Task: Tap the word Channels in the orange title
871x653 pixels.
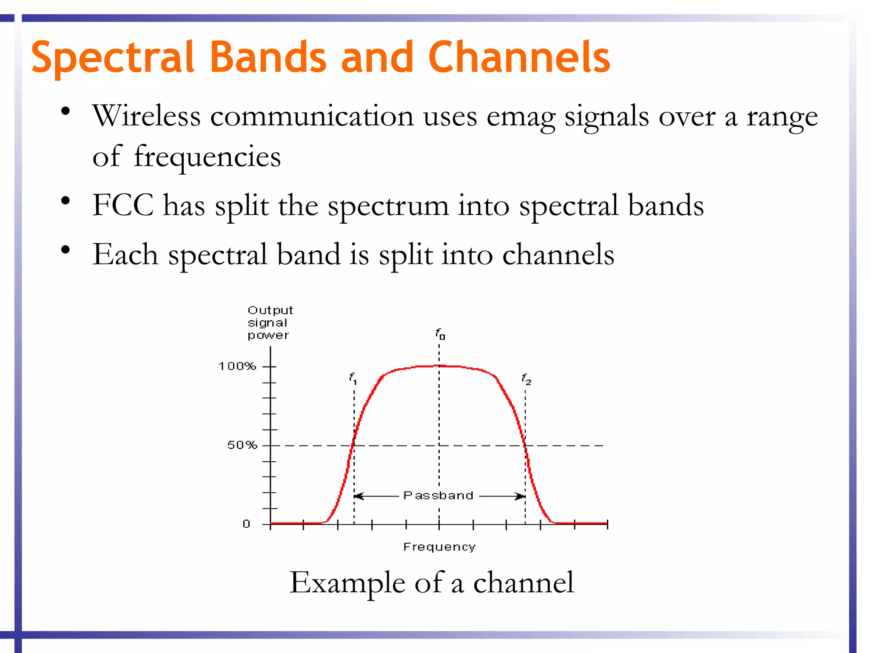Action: tap(519, 57)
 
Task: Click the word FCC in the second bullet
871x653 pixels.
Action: tap(123, 206)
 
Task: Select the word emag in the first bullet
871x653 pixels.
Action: tap(521, 117)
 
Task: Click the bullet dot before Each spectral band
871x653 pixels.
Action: tap(65, 250)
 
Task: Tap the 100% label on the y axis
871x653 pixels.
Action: tap(237, 366)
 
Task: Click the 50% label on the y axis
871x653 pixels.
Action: tap(242, 445)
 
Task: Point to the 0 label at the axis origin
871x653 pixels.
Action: tap(246, 524)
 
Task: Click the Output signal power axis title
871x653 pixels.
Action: tap(270, 323)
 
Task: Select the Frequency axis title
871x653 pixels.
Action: tap(439, 547)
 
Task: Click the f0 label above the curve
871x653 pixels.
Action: tap(440, 334)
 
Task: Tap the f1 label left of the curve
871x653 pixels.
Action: tap(353, 378)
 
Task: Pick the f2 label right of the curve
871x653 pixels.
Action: tap(526, 379)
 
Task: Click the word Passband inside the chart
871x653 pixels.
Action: tap(438, 496)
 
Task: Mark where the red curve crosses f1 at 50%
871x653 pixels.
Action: tap(354, 445)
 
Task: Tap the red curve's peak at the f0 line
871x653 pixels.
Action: tap(439, 366)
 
